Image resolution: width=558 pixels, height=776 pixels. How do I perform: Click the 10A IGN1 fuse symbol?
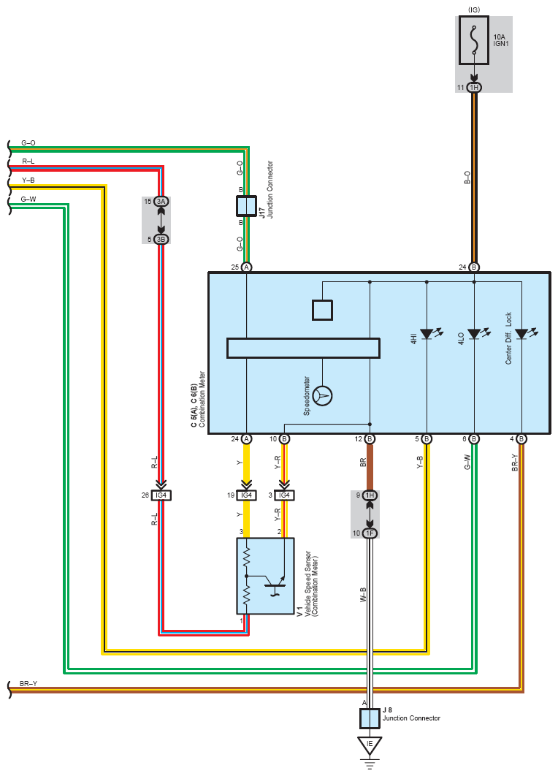click(474, 40)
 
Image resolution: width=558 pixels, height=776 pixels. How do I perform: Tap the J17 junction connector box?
click(246, 206)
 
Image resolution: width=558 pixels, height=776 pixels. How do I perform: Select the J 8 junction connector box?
click(370, 718)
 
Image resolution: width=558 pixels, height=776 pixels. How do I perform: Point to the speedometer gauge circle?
click(323, 395)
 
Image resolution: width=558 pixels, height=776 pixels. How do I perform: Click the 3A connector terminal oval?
click(161, 202)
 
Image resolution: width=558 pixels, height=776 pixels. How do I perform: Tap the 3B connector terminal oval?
click(161, 239)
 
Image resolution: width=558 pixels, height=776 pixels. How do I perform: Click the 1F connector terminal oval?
click(370, 533)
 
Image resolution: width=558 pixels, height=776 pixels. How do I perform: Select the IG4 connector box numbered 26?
click(161, 495)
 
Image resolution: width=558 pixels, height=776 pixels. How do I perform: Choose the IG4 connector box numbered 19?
click(246, 495)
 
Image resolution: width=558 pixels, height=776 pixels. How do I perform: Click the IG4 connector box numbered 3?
click(284, 495)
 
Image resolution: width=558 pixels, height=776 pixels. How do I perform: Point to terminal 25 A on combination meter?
click(246, 267)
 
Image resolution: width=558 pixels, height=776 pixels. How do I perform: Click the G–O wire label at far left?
click(28, 143)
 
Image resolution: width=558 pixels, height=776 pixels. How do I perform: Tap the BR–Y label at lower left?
click(28, 683)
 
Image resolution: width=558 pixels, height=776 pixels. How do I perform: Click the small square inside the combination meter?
click(323, 311)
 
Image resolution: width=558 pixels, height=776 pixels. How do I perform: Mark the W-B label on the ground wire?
click(363, 594)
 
